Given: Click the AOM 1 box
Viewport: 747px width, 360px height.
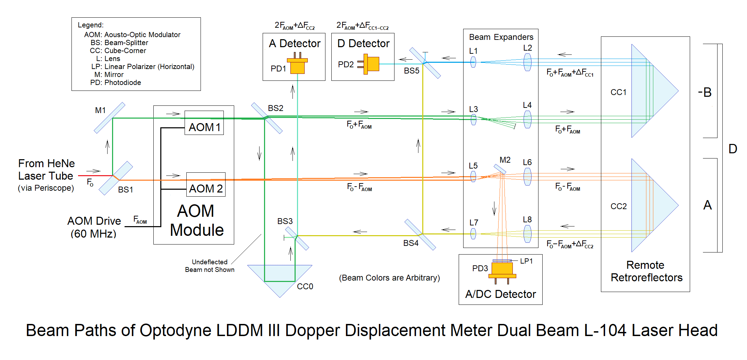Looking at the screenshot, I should click(x=204, y=123).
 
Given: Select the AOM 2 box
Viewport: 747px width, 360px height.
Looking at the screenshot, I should click(x=206, y=185).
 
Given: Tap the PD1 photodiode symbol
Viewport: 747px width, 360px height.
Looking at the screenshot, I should click(x=297, y=65).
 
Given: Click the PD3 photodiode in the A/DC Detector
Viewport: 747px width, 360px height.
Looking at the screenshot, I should click(x=502, y=271).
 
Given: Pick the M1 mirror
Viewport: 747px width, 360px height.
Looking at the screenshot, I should click(x=109, y=118).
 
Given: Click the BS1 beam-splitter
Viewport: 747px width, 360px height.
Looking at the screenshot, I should click(x=116, y=178).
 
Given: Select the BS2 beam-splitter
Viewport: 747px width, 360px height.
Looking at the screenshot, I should click(x=266, y=118).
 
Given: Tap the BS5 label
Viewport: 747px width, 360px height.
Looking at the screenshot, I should click(x=411, y=71).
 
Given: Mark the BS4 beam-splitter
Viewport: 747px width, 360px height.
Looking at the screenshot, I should click(x=420, y=234).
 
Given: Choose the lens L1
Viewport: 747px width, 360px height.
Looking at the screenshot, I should click(x=473, y=62).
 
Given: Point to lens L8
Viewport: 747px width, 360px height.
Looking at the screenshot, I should click(x=527, y=234).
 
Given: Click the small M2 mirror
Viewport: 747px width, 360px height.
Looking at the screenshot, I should click(x=500, y=169).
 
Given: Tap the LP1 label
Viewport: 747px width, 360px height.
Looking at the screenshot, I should click(x=526, y=261).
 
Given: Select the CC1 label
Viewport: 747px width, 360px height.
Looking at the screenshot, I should click(x=619, y=92).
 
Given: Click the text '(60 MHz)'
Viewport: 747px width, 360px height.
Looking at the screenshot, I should click(x=93, y=234).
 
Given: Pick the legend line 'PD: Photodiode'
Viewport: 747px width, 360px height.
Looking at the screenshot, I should click(x=116, y=83).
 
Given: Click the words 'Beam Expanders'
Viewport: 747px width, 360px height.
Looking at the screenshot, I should click(x=501, y=37).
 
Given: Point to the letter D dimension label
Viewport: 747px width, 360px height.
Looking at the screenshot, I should click(x=733, y=149).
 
